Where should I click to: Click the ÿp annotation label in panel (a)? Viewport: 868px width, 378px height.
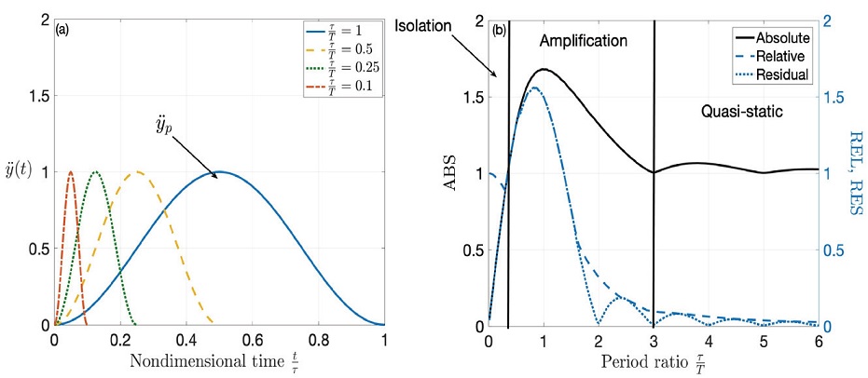click(x=163, y=126)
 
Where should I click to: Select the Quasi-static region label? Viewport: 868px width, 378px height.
click(x=740, y=111)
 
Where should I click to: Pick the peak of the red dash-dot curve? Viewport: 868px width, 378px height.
click(x=70, y=171)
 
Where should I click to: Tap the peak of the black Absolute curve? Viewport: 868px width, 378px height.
click(x=543, y=69)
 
